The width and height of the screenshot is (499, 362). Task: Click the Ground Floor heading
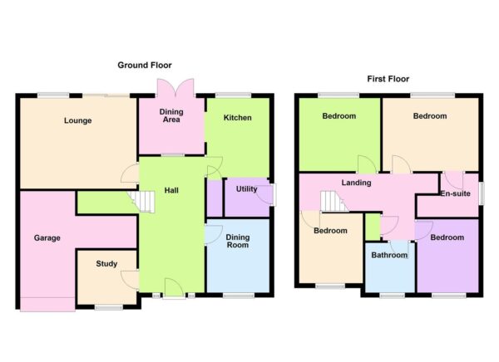tap(145, 66)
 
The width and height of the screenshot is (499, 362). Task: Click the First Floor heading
tap(388, 79)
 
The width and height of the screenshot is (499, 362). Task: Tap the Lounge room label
tap(78, 120)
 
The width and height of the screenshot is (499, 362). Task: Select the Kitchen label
tap(237, 118)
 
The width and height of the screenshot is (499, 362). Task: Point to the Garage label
tap(47, 238)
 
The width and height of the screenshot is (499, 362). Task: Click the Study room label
tap(106, 264)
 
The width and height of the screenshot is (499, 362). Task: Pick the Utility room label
tap(247, 189)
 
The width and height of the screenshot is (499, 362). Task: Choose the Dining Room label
tap(237, 242)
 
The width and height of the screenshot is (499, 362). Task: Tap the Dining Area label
tap(171, 115)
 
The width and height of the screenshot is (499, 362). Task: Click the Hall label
tap(171, 190)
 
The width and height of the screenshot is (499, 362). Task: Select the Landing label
tap(356, 183)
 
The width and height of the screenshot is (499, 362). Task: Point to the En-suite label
tap(456, 193)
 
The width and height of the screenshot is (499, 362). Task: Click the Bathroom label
tap(389, 255)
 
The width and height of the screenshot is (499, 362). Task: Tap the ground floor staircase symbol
tap(141, 201)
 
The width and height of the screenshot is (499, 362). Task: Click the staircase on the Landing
tap(334, 201)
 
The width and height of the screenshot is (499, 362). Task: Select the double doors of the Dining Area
tap(175, 87)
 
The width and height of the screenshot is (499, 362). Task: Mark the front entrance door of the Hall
tap(174, 288)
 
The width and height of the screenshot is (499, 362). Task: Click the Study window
tap(109, 307)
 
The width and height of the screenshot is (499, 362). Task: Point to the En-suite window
tap(482, 193)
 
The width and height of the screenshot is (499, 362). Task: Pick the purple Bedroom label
tap(447, 237)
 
